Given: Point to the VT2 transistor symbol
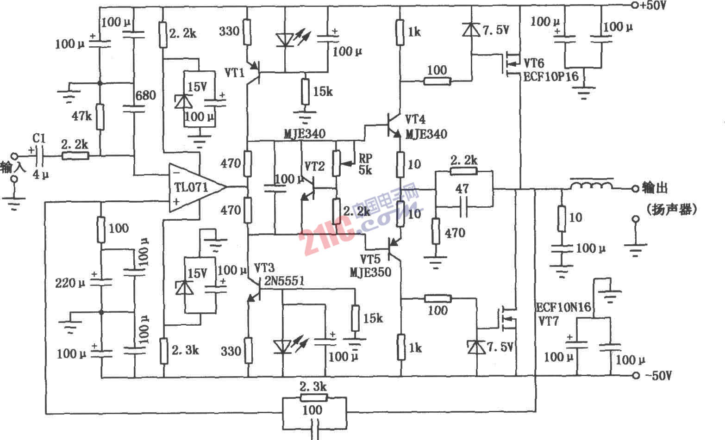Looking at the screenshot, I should pyautogui.click(x=308, y=187).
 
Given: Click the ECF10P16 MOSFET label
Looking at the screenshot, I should pyautogui.click(x=551, y=76).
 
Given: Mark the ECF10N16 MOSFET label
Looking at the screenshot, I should pyautogui.click(x=563, y=308).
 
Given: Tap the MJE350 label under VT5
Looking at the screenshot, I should pyautogui.click(x=371, y=272).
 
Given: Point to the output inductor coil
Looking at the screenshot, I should pyautogui.click(x=591, y=185).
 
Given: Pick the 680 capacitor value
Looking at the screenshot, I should pyautogui.click(x=145, y=96).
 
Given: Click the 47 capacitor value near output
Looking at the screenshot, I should pyautogui.click(x=462, y=189).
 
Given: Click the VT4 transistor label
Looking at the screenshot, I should pyautogui.click(x=415, y=119).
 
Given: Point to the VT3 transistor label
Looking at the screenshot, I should pyautogui.click(x=264, y=268).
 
